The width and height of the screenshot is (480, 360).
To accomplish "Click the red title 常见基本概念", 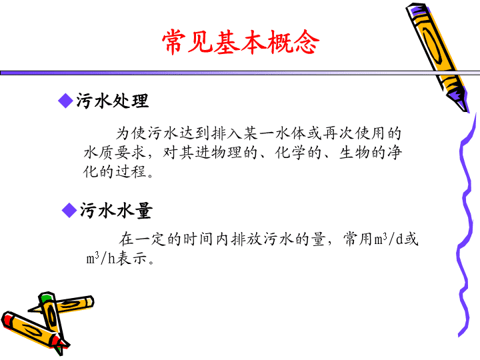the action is [241, 43].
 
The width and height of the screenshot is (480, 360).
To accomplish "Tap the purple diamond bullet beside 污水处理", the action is [65, 101].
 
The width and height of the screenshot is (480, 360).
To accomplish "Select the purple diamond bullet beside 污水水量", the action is [69, 210].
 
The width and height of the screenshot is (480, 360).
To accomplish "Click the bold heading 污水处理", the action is [113, 101].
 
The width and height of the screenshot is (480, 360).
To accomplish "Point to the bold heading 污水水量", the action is [116, 211].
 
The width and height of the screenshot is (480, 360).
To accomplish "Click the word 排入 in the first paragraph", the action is [227, 133].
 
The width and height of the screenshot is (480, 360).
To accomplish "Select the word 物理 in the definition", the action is [227, 152].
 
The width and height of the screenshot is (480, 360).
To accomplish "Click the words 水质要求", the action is [115, 152].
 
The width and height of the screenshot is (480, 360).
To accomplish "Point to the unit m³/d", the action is [388, 239].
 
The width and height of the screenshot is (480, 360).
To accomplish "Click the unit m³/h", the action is [101, 258].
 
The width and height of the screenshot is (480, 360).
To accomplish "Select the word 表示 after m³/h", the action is [131, 258].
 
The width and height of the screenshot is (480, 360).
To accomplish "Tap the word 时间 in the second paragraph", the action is [198, 239].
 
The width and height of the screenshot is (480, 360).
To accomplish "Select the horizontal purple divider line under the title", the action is [240, 73].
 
